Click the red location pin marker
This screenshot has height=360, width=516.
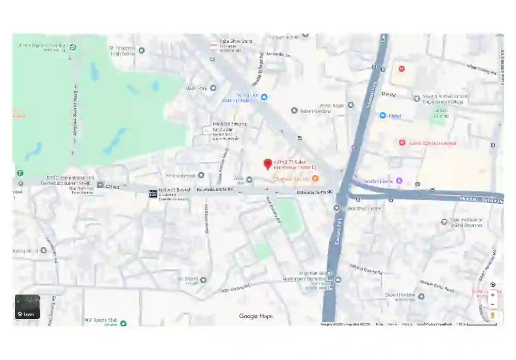pyautogui.click(x=267, y=164)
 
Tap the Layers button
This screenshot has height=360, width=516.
pyautogui.click(x=27, y=307)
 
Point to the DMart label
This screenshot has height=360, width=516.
pyautogui.click(x=395, y=116)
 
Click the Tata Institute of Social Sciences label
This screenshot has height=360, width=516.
pyautogui.click(x=466, y=222)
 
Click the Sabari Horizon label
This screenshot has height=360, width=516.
pyautogui.click(x=400, y=296)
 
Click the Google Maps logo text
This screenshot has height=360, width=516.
pyautogui.click(x=256, y=316)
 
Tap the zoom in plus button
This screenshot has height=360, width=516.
pyautogui.click(x=493, y=295)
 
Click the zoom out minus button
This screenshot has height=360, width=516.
pyautogui.click(x=493, y=304)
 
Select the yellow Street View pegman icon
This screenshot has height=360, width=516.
pyautogui.click(x=493, y=315)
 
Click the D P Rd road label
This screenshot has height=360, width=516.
pyautogui.click(x=388, y=94)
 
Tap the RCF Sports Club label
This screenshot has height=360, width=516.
pyautogui.click(x=101, y=321)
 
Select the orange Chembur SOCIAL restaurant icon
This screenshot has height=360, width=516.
pyautogui.click(x=315, y=179)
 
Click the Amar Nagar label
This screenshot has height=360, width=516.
pyautogui.click(x=332, y=105)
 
